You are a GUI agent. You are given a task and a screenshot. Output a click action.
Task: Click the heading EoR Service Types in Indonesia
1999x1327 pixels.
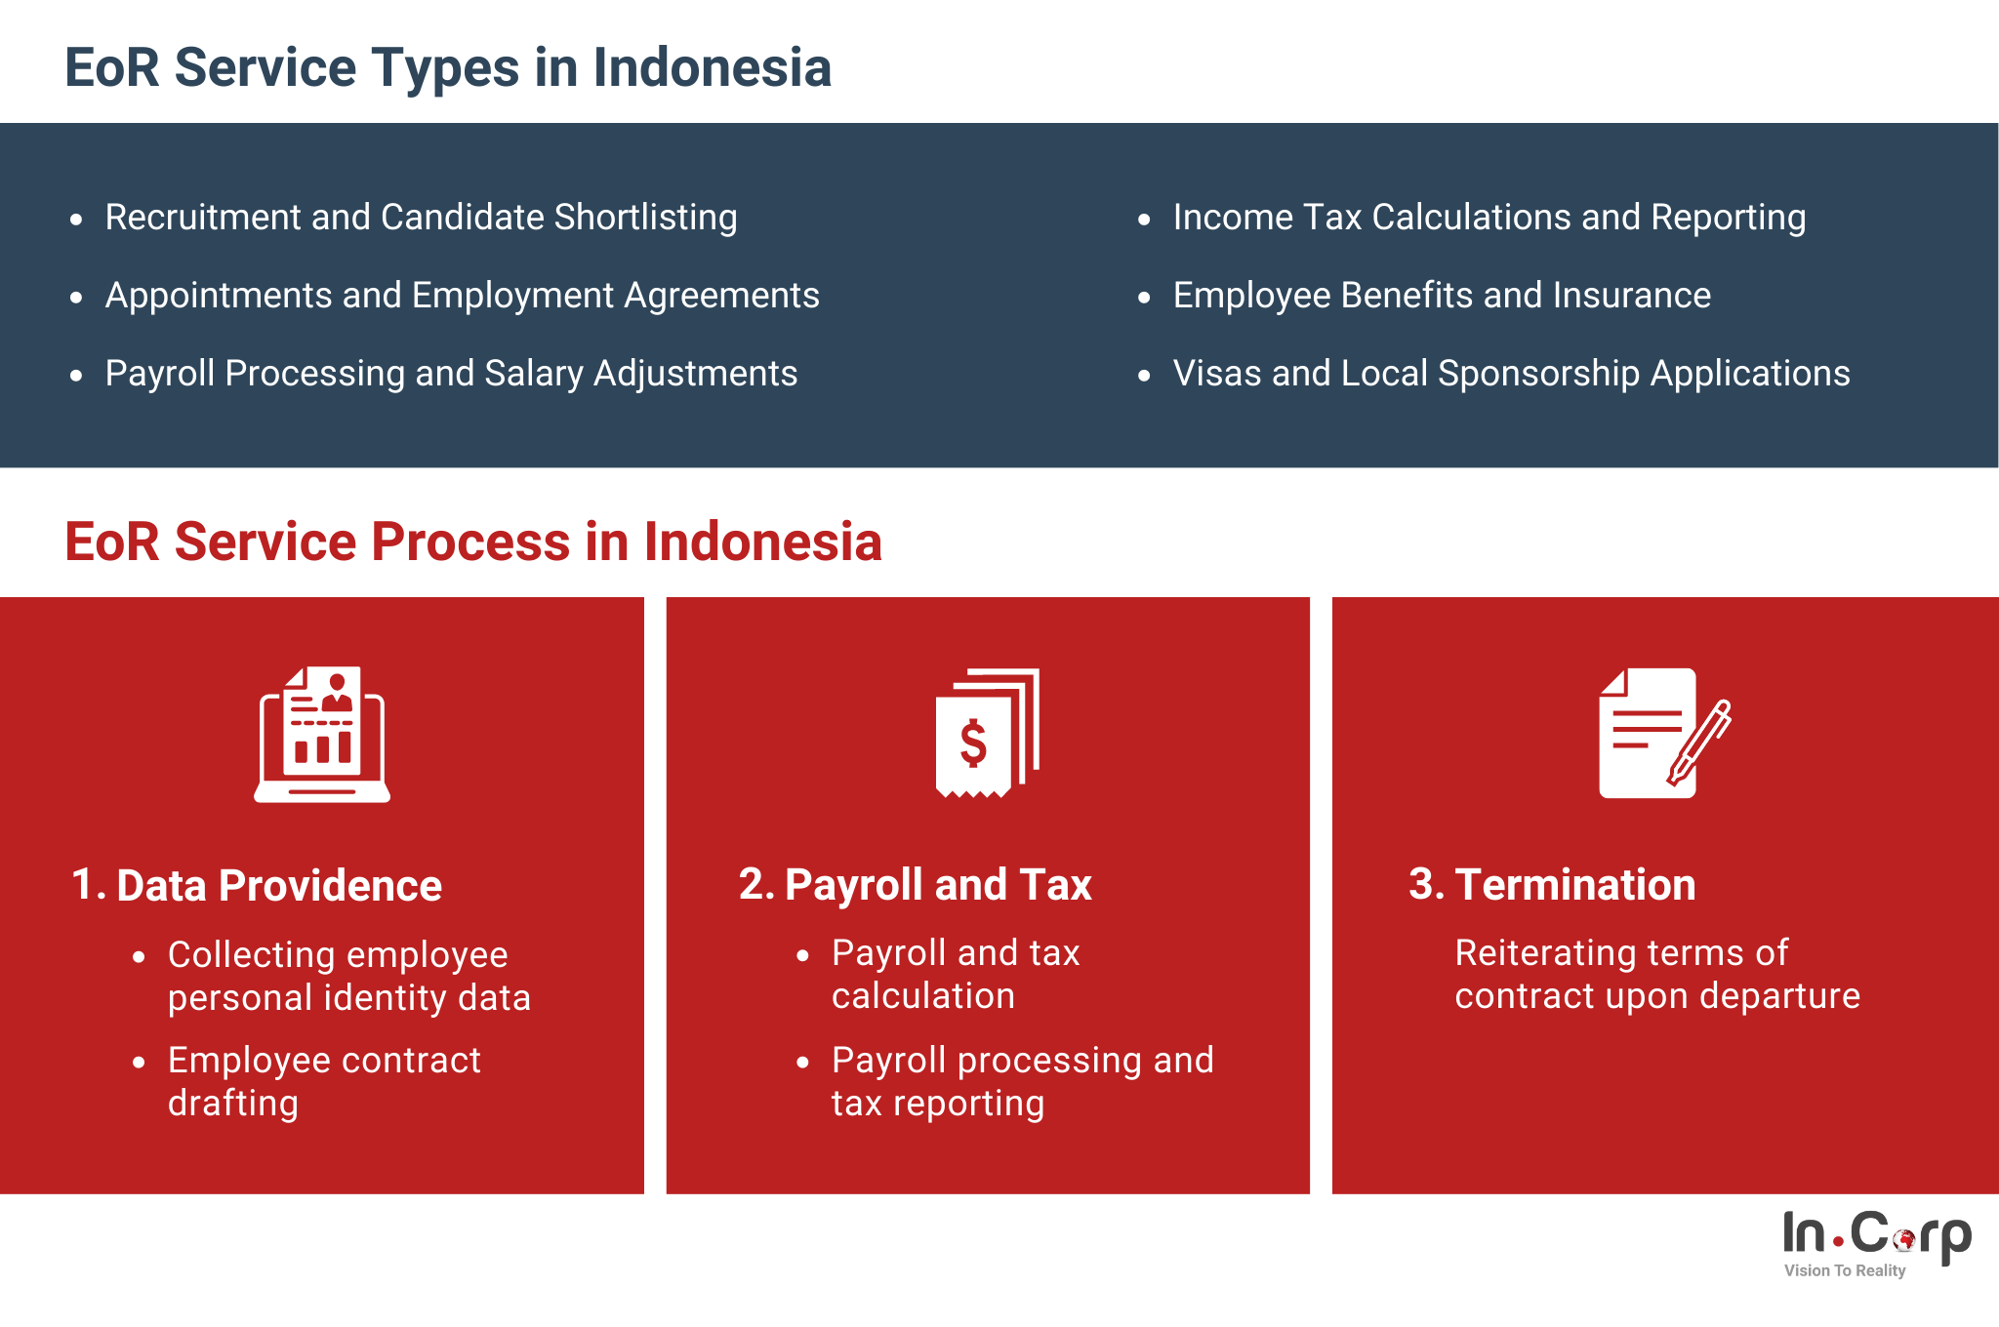tap(448, 68)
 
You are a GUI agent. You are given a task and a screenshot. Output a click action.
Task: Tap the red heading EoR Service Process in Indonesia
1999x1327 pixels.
tap(473, 542)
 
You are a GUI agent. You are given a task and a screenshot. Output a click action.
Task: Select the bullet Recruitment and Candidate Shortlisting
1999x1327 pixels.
tap(421, 218)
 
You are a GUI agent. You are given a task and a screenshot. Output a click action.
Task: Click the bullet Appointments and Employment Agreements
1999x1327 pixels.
tap(462, 296)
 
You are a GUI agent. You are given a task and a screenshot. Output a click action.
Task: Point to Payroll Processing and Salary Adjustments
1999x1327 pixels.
tap(451, 374)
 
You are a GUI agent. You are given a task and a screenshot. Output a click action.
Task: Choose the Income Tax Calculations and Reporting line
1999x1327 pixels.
tap(1489, 218)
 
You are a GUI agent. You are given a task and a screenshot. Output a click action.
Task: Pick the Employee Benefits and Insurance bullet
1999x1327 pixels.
tap(1442, 296)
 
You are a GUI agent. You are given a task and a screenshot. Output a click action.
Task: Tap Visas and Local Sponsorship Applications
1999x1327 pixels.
tap(1511, 374)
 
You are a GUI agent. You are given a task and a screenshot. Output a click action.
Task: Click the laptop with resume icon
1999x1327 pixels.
tap(322, 735)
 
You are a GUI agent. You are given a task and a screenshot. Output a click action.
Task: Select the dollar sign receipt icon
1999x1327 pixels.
tap(988, 733)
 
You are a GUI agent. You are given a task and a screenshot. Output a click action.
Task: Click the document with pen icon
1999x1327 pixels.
tap(1664, 733)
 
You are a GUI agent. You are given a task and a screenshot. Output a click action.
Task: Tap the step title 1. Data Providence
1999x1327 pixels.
tap(257, 885)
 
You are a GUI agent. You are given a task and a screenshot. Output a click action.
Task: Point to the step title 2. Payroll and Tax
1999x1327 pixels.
tap(916, 885)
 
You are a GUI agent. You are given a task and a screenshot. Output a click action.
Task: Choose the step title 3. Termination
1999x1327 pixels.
tap(1552, 885)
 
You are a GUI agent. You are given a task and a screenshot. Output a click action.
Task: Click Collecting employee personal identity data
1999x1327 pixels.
tap(348, 976)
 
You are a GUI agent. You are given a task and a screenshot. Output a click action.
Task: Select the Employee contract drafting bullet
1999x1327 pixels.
tap(324, 1081)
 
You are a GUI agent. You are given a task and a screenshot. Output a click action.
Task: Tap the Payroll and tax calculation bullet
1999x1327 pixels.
tap(956, 974)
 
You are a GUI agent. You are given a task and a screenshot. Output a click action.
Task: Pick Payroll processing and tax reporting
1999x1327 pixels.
tap(1022, 1081)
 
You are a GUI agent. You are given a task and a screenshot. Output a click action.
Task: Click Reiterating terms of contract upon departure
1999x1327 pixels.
tap(1657, 974)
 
